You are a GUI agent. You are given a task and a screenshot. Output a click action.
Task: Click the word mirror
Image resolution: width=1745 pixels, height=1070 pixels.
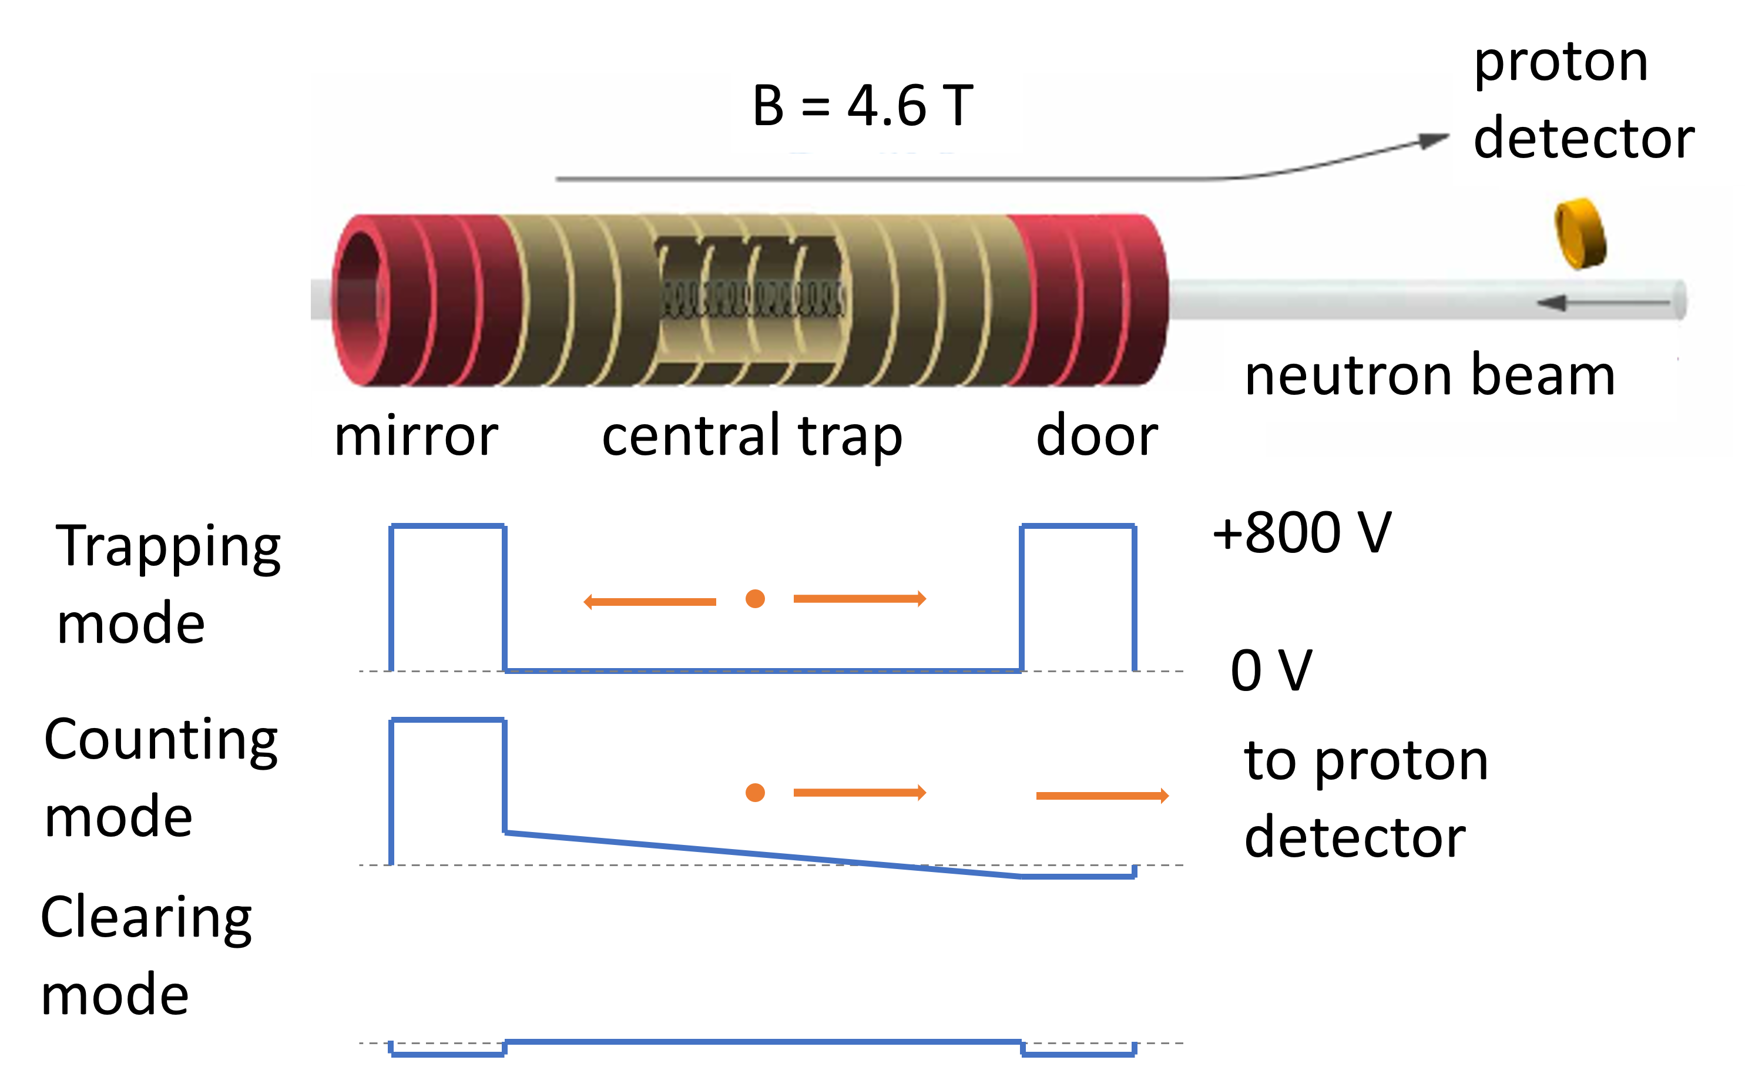tap(416, 435)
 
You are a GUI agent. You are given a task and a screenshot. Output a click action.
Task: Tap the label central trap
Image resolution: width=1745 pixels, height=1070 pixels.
tap(752, 435)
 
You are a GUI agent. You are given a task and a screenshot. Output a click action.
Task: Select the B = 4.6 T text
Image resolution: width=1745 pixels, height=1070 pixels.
tap(863, 106)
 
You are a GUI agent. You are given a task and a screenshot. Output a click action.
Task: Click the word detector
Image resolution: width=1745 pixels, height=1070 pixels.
tap(1583, 138)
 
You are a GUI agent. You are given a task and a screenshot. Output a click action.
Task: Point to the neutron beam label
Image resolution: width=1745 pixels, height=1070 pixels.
tap(1429, 375)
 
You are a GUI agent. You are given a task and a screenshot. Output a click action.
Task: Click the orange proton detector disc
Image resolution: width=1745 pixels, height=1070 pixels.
tap(1580, 234)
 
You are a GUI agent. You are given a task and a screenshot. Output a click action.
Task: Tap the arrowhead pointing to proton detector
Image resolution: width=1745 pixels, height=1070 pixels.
tap(1435, 140)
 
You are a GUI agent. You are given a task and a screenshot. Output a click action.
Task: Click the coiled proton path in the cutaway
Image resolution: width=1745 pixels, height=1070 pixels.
tap(752, 299)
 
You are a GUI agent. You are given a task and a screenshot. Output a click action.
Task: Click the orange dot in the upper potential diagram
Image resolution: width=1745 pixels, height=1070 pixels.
tap(755, 599)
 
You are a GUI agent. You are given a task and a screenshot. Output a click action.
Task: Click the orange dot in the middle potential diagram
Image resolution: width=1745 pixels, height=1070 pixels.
tap(755, 793)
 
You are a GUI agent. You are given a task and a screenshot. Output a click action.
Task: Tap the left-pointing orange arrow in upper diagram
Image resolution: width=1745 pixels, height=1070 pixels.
tap(649, 602)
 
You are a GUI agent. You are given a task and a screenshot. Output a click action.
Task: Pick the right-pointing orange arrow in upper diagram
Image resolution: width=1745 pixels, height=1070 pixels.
tap(859, 599)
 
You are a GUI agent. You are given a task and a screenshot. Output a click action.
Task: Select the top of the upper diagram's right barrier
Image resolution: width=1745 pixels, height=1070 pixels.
tap(1078, 526)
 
